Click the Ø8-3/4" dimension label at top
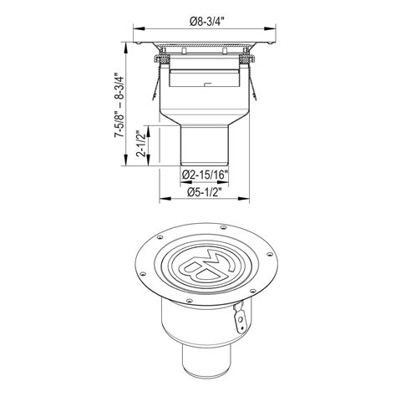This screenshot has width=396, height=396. [x=206, y=22]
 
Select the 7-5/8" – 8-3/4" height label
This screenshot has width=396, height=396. [x=119, y=104]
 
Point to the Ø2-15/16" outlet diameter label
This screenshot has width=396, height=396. [x=206, y=175]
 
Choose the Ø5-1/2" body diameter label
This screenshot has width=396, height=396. [x=204, y=192]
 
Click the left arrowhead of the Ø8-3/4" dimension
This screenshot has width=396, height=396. [x=139, y=28]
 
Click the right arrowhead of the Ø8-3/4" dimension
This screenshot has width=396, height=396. [x=270, y=28]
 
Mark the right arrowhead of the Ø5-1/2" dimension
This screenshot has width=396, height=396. [x=244, y=199]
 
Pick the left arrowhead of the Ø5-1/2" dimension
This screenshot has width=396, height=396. [x=165, y=199]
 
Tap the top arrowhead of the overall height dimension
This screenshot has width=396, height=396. [x=126, y=48]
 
